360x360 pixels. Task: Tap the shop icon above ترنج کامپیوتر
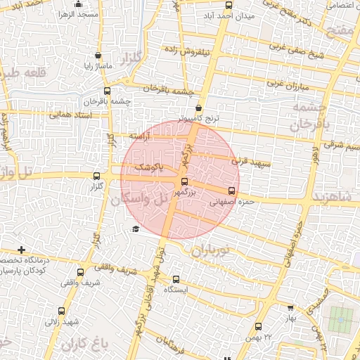point(199,108)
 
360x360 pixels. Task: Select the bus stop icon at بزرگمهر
point(185,181)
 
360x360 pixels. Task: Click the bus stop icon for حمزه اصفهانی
point(231,191)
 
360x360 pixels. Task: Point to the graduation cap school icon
point(136,229)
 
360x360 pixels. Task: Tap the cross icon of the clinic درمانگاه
point(22,250)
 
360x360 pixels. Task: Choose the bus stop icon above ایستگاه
point(174,278)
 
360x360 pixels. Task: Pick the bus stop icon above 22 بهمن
point(258,326)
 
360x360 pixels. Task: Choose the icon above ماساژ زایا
point(97,55)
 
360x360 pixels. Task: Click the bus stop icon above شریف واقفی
point(80,272)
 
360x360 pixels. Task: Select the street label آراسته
point(138,137)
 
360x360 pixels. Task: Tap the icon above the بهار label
point(291,307)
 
